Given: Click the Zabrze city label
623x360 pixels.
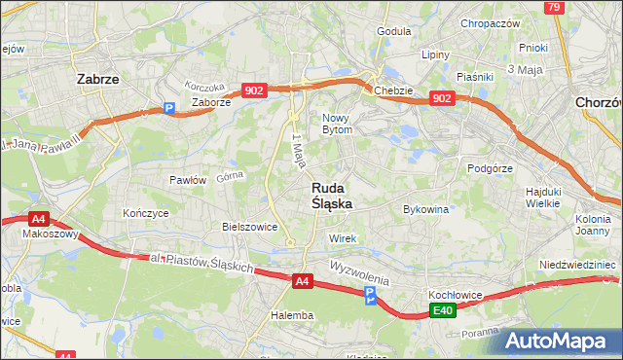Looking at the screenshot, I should (97, 80).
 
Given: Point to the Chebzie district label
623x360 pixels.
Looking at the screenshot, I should (393, 90).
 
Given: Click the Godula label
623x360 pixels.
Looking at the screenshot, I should (393, 31).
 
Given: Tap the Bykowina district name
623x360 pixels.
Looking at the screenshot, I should (425, 208).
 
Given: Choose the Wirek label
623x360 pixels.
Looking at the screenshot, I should (344, 238).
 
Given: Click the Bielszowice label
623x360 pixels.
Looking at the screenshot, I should (250, 227).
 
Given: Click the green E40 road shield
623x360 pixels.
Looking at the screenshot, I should (444, 310).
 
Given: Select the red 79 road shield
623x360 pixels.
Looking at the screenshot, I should (554, 7).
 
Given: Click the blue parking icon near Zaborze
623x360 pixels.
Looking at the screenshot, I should (168, 109).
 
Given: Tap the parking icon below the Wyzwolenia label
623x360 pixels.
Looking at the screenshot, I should (369, 295).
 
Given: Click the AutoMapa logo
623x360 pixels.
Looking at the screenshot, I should (557, 342).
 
